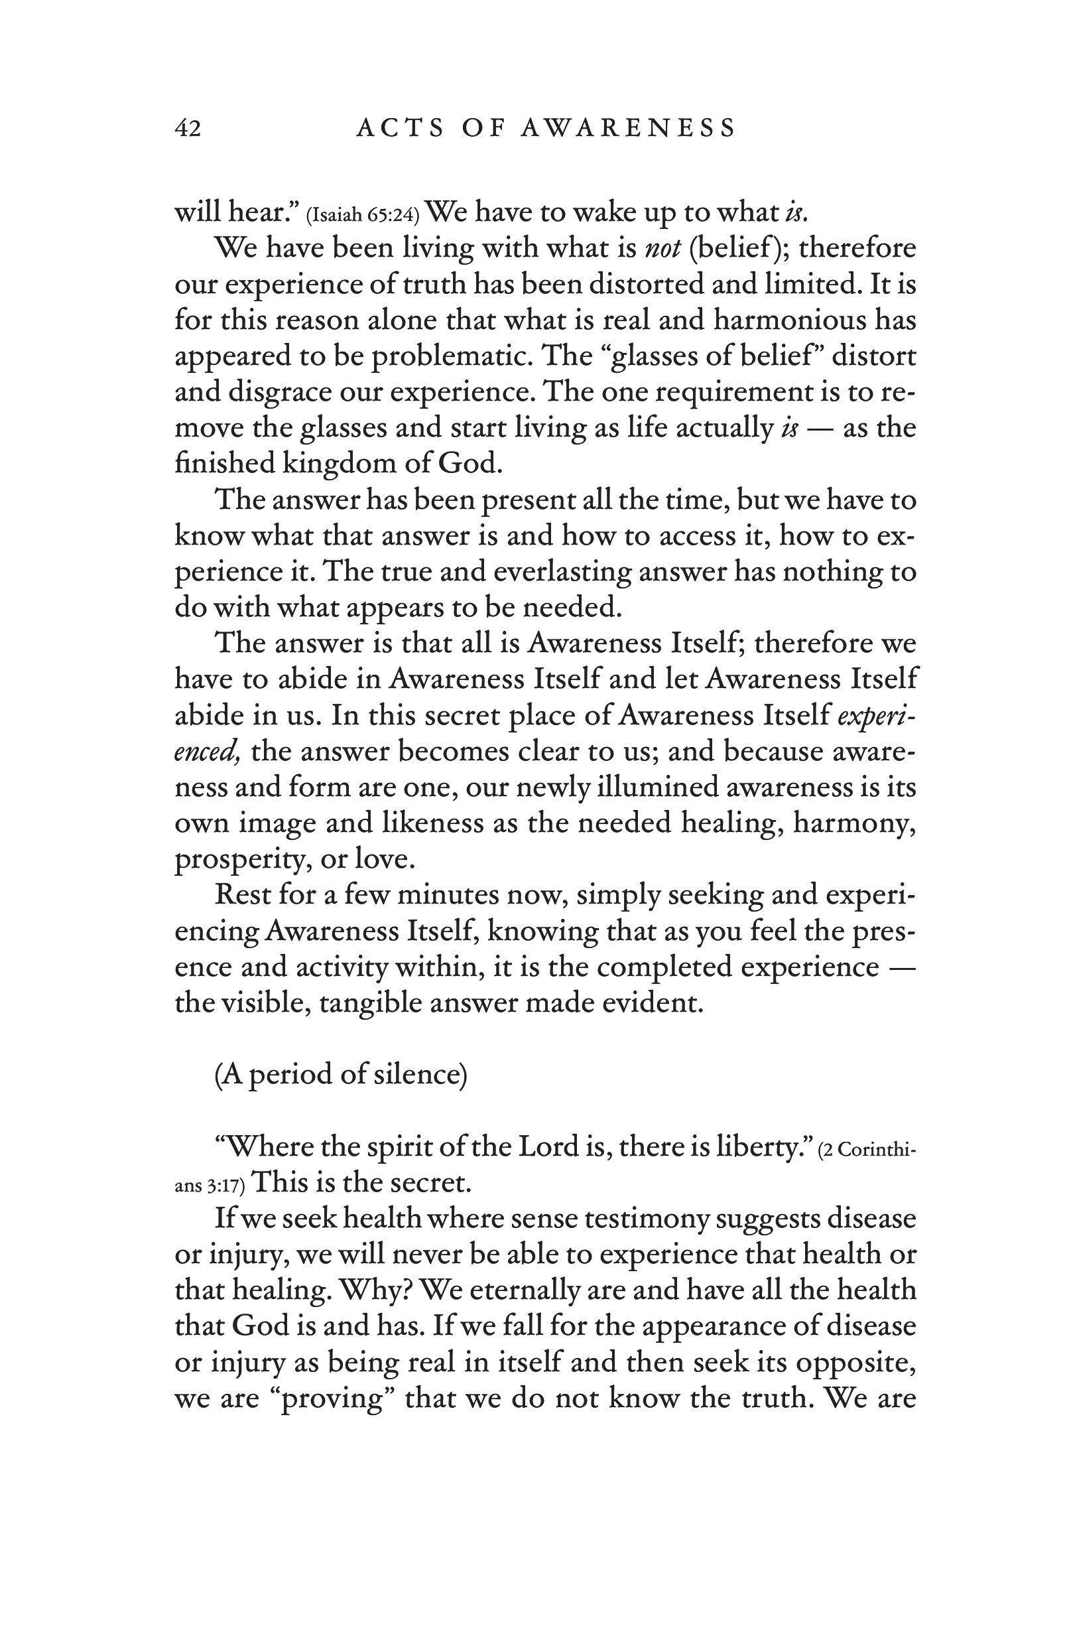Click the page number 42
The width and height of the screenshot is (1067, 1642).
coord(188,128)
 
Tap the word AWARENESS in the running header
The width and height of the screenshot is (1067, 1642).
coord(627,128)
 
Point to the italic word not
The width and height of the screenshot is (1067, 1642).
coord(662,248)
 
